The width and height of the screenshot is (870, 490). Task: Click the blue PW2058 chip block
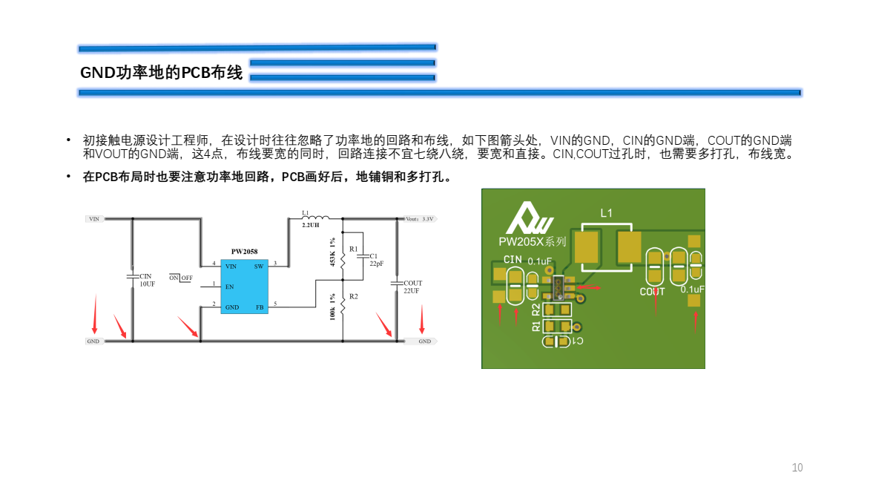[244, 287]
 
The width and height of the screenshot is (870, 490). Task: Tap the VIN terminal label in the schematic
[94, 219]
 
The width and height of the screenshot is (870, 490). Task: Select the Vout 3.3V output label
[420, 219]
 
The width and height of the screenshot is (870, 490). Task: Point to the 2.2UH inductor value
[311, 225]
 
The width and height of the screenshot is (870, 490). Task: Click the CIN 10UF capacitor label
[147, 280]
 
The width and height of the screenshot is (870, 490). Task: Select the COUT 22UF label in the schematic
[412, 287]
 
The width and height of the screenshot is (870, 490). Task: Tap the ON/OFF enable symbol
[180, 278]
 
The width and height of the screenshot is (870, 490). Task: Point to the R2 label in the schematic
[354, 296]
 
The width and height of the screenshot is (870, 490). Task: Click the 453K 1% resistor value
[333, 252]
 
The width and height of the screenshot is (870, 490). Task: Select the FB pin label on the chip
[259, 307]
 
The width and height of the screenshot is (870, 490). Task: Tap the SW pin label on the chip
[258, 266]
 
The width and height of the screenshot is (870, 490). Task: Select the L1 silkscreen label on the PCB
[606, 213]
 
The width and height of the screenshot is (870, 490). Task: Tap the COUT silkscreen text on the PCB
[652, 292]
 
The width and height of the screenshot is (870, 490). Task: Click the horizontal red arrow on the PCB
[590, 287]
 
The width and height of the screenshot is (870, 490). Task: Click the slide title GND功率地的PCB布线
[161, 73]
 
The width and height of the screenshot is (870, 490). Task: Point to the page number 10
[797, 468]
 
